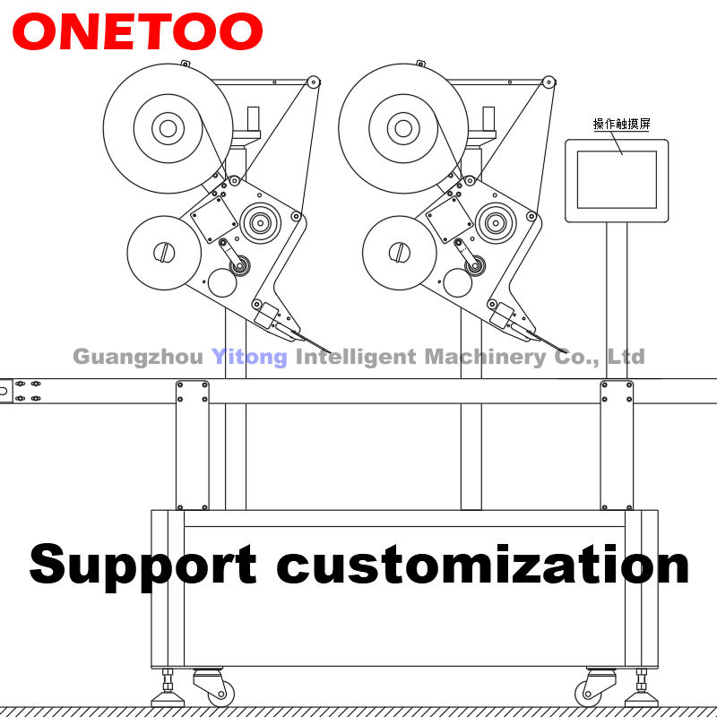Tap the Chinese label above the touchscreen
[615, 125]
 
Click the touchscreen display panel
[616, 179]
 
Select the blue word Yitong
[249, 357]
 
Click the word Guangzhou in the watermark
[138, 357]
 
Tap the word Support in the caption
[143, 564]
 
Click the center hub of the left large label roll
[168, 128]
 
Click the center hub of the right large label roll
[404, 128]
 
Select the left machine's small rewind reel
[161, 253]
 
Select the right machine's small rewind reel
[399, 253]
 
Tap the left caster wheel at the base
[219, 693]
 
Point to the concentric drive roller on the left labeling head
[260, 220]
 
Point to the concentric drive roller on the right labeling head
[496, 220]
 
